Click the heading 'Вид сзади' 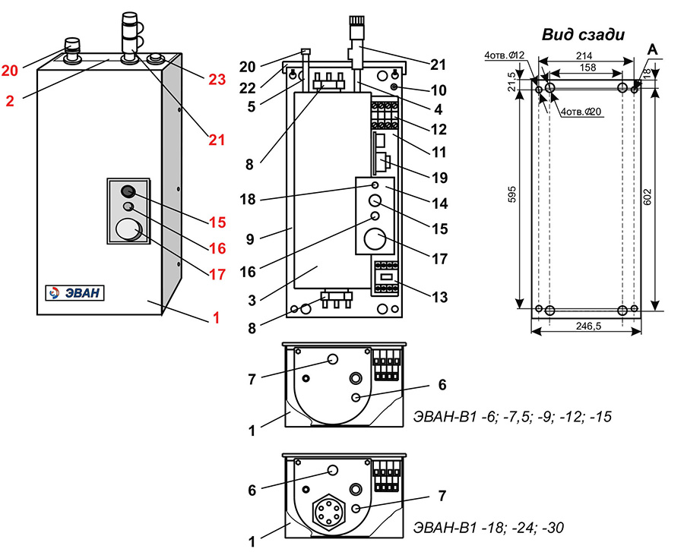click(583, 33)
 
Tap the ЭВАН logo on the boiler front click(74, 293)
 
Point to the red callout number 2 click(10, 100)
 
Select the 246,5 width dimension click(585, 325)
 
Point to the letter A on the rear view click(651, 49)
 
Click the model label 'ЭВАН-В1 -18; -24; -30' click(488, 526)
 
